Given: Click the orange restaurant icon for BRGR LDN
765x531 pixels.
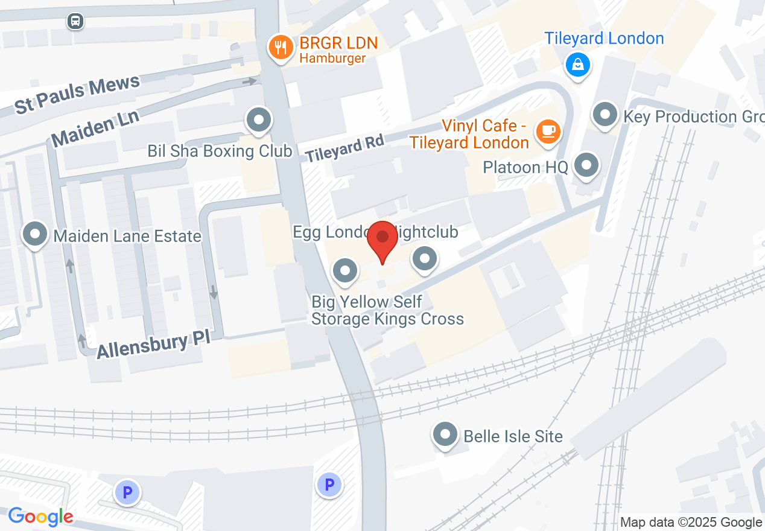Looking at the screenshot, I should click(x=281, y=46).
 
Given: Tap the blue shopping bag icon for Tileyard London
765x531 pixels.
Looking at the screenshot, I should click(x=577, y=63).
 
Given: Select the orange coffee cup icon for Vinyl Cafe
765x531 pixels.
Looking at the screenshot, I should click(x=548, y=131).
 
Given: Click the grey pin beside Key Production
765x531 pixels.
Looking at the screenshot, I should click(x=605, y=114).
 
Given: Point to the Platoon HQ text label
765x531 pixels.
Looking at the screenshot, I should click(x=525, y=167).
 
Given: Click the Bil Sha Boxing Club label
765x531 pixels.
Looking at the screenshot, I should click(x=220, y=151).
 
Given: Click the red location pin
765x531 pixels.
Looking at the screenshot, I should click(x=382, y=240).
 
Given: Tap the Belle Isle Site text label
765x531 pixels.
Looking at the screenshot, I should click(x=513, y=436).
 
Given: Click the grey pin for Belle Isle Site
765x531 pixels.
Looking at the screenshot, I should click(x=446, y=434).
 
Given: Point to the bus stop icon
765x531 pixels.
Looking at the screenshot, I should click(x=75, y=21).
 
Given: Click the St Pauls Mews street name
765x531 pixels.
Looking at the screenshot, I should click(x=77, y=94).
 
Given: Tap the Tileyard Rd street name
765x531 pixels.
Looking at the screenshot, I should click(x=344, y=148).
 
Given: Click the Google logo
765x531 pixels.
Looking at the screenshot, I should click(x=41, y=517).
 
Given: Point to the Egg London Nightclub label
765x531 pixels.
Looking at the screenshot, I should click(x=375, y=232).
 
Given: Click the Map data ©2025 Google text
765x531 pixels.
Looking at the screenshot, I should click(x=691, y=523).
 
